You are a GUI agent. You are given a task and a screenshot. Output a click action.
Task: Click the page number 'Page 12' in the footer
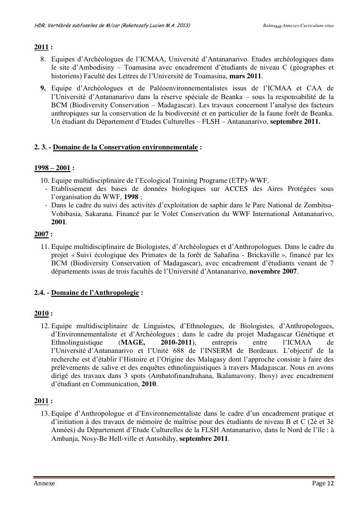[x=323, y=483]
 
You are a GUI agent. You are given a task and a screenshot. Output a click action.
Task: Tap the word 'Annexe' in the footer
[x=44, y=483]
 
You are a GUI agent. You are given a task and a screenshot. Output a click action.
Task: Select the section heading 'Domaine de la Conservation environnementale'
[x=125, y=147]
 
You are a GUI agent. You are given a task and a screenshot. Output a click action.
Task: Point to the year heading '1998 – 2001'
[x=52, y=168]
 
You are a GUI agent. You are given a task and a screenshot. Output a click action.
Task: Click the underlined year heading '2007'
[x=41, y=234]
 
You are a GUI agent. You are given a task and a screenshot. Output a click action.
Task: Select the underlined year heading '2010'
[x=41, y=314]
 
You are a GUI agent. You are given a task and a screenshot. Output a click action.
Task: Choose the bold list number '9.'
[x=43, y=88]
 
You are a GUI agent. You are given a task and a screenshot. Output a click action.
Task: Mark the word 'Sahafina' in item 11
[x=235, y=254]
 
